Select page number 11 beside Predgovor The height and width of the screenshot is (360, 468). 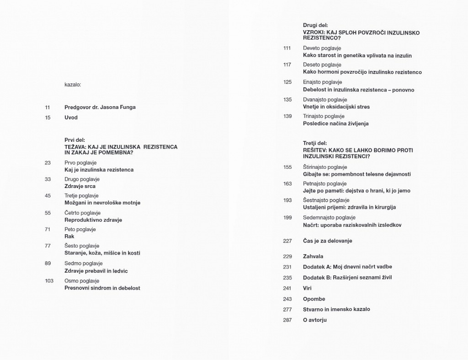point(48,107)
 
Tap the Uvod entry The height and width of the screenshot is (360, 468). point(71,118)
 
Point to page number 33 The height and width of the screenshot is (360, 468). point(48,179)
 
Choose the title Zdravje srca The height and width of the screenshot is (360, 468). point(80,186)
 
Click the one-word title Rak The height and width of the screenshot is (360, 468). point(69,236)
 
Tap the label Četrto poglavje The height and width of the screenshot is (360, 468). point(83,213)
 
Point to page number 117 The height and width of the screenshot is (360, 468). point(287,65)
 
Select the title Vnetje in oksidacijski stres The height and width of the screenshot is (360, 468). point(336,107)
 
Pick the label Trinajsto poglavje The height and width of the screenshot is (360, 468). point(325,116)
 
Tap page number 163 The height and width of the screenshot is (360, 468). point(287,184)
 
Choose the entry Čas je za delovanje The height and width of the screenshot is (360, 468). point(328,241)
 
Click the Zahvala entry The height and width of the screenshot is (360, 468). point(313,257)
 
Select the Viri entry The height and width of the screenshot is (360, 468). point(307,288)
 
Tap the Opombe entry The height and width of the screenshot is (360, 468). point(314,299)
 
